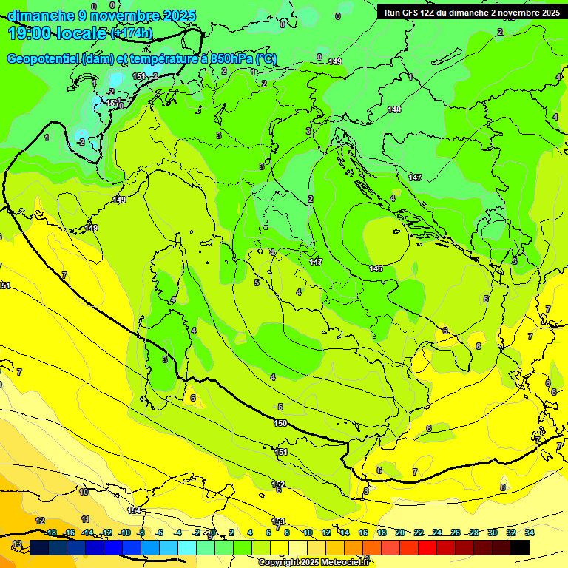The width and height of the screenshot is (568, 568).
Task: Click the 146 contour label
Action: (376, 268)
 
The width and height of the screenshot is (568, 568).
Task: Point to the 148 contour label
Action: (394, 109)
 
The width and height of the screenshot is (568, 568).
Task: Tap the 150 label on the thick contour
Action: (280, 423)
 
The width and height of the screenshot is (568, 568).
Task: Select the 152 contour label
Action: (277, 484)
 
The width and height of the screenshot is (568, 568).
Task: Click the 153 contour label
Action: (278, 521)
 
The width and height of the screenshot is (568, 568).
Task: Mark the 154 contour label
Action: (134, 510)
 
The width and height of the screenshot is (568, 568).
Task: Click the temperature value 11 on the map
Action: (86, 520)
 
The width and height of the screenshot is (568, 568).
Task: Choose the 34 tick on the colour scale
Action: (530, 532)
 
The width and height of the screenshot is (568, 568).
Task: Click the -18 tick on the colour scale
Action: (50, 532)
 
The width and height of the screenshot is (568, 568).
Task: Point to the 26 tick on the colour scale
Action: (456, 532)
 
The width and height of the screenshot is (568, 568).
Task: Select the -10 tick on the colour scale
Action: (124, 532)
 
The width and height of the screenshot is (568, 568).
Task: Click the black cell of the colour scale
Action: (520, 547)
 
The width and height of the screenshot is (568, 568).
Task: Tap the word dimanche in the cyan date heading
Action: (41, 16)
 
